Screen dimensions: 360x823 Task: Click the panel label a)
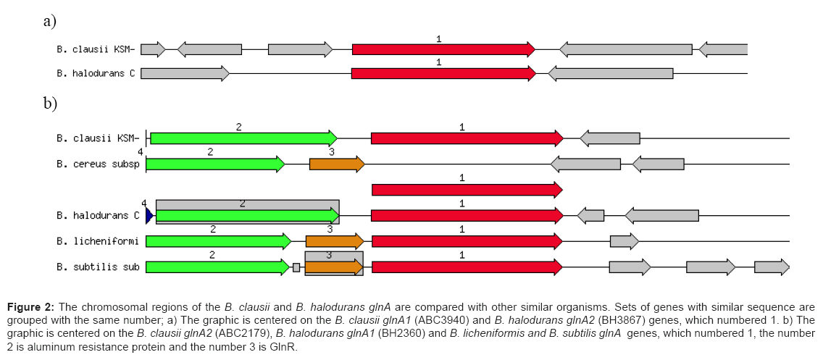coord(49,20)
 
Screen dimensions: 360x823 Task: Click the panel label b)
coord(50,104)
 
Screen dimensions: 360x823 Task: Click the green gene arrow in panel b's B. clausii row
coord(243,138)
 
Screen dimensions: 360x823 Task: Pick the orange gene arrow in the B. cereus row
coord(337,164)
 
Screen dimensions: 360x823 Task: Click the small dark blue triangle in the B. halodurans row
coord(149,215)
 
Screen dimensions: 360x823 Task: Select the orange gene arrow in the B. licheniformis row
coord(334,241)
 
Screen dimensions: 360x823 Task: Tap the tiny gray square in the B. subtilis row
coord(296,267)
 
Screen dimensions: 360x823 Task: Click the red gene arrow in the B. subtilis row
coord(467,267)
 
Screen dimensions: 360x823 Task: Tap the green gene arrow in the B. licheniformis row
coord(218,241)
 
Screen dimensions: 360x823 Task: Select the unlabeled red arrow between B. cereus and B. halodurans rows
coord(467,190)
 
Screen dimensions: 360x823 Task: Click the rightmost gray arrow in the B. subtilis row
coord(772,267)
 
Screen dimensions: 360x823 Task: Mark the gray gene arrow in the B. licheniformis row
coord(624,241)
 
